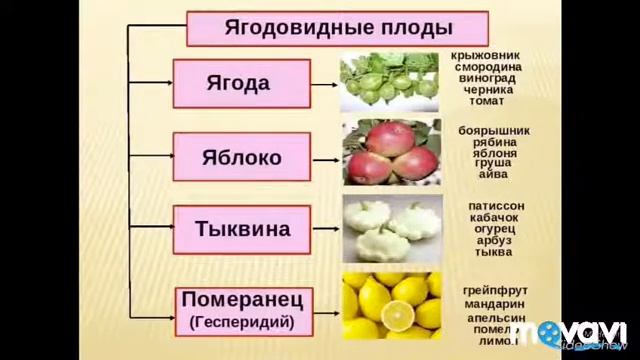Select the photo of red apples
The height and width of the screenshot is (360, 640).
[391, 155]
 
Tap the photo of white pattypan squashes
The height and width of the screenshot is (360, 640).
[391, 228]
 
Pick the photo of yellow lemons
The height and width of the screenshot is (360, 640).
[391, 305]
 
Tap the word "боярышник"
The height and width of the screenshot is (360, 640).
[494, 131]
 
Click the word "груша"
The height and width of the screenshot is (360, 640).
[494, 162]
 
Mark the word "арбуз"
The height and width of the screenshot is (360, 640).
[495, 241]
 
